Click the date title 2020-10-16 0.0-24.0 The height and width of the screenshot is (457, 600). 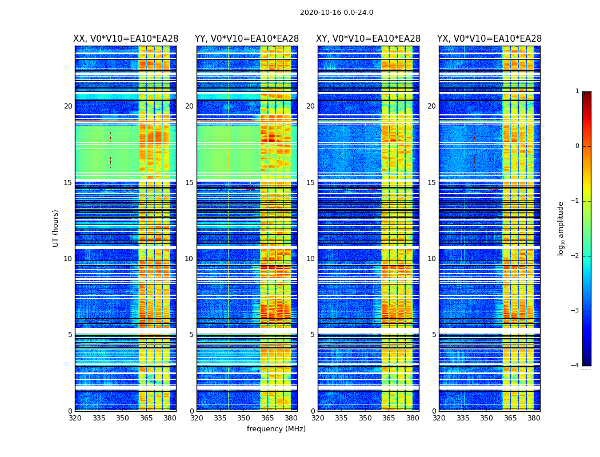pos(337,13)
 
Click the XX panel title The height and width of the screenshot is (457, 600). pos(126,39)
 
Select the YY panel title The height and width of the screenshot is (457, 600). pos(247,39)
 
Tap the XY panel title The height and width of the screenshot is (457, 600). pos(369,39)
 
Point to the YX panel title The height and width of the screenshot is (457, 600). pos(489,39)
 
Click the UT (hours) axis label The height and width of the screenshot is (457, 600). pos(56,228)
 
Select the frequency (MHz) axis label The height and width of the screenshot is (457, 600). pos(276,429)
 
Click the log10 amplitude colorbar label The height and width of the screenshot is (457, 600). pos(561,228)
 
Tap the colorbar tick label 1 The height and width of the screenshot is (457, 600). pos(577,91)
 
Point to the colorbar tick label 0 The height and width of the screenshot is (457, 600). pos(577,146)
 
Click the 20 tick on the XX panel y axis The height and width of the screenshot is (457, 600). pos(68,106)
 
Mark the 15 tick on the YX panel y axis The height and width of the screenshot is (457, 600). pos(432,183)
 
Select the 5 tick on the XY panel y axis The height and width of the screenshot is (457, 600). pos(313,335)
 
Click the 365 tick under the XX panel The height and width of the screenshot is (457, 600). pos(146,418)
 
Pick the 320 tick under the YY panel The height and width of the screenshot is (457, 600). pos(197,418)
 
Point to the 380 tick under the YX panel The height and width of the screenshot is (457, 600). pos(534,418)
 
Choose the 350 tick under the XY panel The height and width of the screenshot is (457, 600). pos(365,418)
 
